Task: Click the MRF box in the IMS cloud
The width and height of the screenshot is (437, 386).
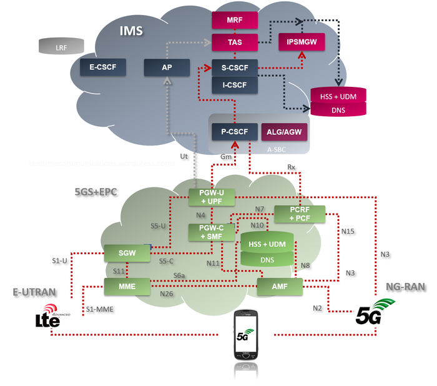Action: [x=235, y=21]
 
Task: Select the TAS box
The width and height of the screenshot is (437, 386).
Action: [x=235, y=42]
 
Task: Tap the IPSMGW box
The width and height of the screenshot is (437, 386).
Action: [x=302, y=42]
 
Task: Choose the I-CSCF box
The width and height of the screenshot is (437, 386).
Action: [x=235, y=84]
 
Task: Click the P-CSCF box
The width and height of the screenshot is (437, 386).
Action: [x=235, y=132]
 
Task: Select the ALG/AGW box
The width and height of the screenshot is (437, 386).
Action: [x=284, y=132]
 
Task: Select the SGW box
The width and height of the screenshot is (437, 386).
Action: [x=128, y=253]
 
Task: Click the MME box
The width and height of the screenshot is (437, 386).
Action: [x=128, y=286]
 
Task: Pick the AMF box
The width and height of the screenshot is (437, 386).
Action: [x=280, y=286]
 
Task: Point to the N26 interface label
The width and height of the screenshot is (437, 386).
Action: [x=167, y=294]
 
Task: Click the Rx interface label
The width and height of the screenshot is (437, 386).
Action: [x=291, y=167]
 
